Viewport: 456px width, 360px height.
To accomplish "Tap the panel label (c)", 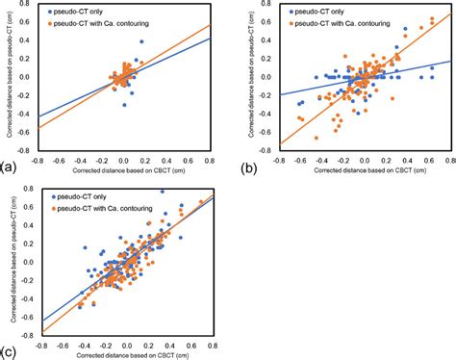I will [10, 351].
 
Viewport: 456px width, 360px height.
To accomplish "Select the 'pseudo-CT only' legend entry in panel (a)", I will [73, 8].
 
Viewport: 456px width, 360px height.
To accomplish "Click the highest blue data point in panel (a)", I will [141, 42].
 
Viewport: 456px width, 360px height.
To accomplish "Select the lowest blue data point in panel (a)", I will [124, 105].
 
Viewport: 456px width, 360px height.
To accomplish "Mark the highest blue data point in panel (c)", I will [162, 192].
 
